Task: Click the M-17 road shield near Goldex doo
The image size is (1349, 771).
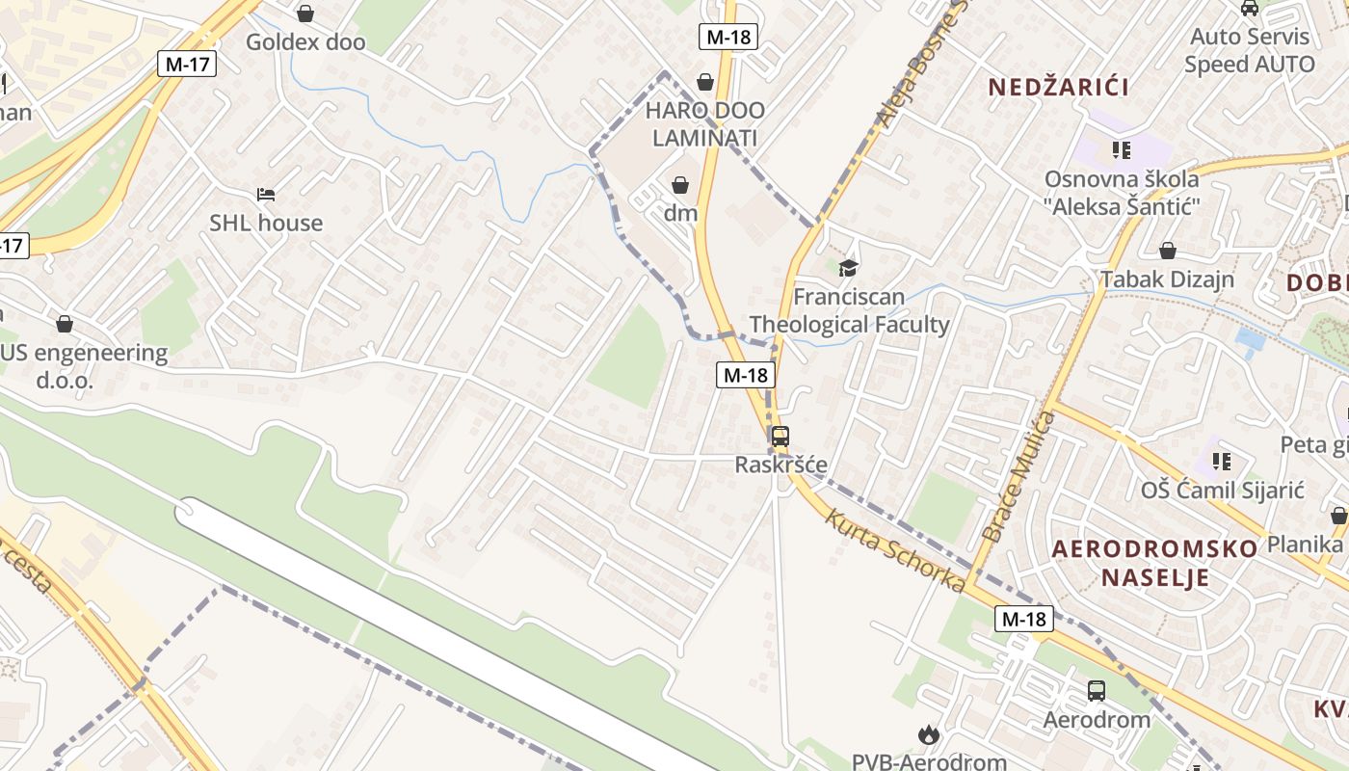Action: tap(187, 65)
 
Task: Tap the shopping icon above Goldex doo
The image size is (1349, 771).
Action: tap(305, 13)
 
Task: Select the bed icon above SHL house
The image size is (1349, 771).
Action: tap(267, 195)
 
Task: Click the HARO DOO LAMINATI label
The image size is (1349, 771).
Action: tap(704, 124)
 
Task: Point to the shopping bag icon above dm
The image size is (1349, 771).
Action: tap(680, 184)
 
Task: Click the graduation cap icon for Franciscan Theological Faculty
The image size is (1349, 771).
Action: tap(848, 268)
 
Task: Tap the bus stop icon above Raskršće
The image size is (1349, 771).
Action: tap(780, 436)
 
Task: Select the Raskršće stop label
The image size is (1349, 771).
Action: tap(780, 465)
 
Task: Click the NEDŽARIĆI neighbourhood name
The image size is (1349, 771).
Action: tap(1059, 87)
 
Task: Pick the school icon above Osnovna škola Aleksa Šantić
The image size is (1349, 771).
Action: tap(1122, 149)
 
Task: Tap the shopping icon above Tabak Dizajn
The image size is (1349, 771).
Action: tap(1168, 252)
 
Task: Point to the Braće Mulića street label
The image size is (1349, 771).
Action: tap(1019, 475)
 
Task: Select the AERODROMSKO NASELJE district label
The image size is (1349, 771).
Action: tap(1154, 563)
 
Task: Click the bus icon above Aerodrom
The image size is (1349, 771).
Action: tap(1097, 690)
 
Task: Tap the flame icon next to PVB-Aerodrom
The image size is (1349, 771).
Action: tap(928, 735)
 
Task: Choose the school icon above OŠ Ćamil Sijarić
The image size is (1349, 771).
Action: tap(1222, 461)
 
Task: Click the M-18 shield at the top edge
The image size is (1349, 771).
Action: tap(727, 38)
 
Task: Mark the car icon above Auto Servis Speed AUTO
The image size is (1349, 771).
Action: tap(1250, 8)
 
